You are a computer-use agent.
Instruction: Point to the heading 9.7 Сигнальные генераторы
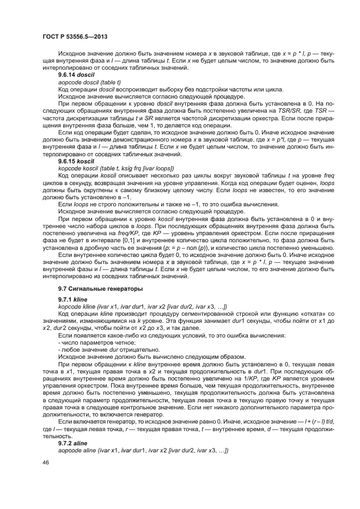point(93,287)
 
